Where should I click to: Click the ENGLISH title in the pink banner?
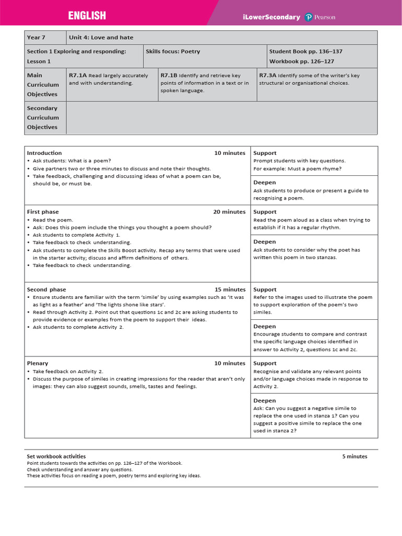(x=87, y=16)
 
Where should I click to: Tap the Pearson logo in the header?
(x=320, y=17)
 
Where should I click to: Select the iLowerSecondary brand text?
(x=271, y=17)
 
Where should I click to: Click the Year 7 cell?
(x=36, y=38)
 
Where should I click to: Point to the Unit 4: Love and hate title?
(x=101, y=38)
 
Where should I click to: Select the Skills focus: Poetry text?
(x=173, y=52)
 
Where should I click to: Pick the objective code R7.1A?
(x=77, y=75)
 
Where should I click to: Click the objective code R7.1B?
(x=169, y=75)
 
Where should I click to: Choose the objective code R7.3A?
(x=268, y=75)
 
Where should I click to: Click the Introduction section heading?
(x=44, y=153)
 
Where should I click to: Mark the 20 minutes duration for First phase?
(x=229, y=212)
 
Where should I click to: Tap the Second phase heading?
(x=47, y=289)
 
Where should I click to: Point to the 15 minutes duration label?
(x=230, y=289)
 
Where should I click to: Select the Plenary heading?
(x=37, y=363)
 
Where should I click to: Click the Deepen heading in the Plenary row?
(x=264, y=400)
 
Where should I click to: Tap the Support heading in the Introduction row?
(x=265, y=153)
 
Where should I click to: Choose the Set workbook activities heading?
(x=56, y=456)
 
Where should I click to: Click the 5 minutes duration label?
(x=354, y=456)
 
